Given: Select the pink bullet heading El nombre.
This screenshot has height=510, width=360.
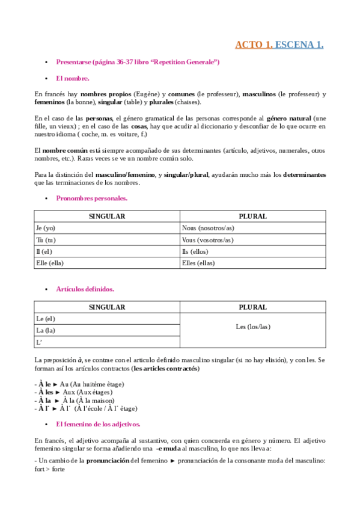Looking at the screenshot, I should (x=73, y=78).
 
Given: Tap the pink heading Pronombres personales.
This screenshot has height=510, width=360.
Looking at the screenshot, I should (x=91, y=198).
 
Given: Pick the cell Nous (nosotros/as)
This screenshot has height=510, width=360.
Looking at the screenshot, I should (x=208, y=228).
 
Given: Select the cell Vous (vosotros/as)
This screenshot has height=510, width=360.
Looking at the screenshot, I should (x=207, y=239).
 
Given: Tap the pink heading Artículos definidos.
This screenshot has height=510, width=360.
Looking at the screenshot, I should (x=85, y=289).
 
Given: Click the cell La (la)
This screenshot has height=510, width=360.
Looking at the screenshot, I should (x=46, y=330).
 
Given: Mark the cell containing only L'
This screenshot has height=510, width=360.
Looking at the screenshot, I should (x=40, y=342).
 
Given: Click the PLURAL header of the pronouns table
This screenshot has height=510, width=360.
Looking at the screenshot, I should (x=252, y=217).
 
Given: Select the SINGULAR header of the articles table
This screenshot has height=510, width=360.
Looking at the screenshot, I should (x=106, y=307).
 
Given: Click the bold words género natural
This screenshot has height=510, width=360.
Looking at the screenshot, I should (x=289, y=118).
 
